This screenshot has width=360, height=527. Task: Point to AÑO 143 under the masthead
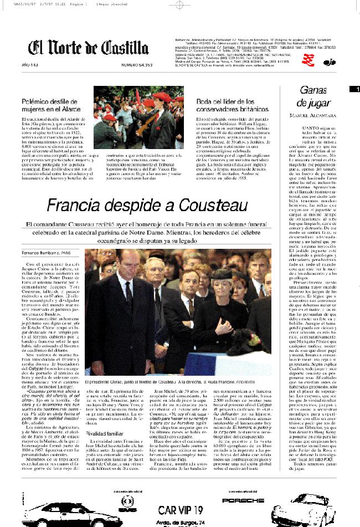coord(30,65)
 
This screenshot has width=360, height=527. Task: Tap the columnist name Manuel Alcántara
coord(313,115)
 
